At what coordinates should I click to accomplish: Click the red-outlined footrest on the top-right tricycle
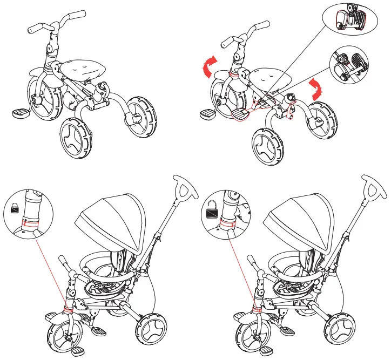coord(242,113)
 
